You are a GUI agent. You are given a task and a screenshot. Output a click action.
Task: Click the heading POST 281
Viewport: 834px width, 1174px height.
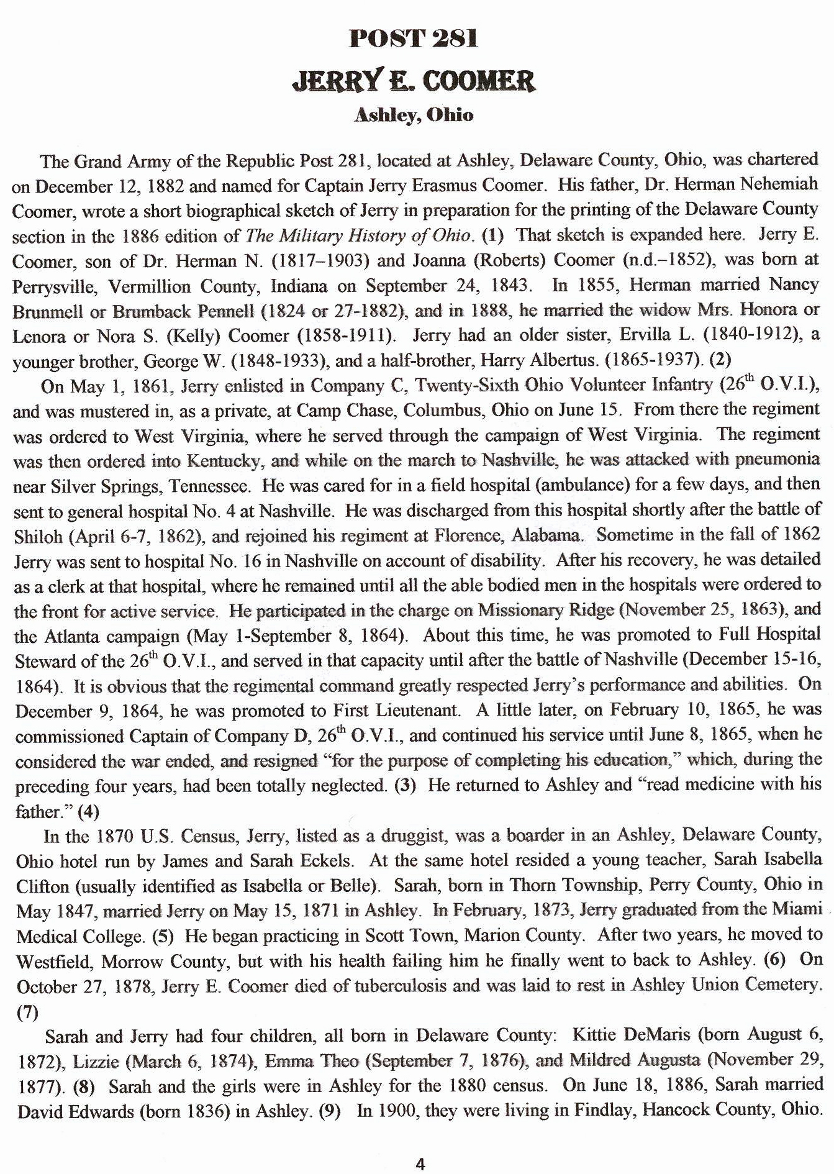tap(414, 39)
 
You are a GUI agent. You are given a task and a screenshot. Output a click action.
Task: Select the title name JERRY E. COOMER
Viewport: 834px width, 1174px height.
tap(414, 81)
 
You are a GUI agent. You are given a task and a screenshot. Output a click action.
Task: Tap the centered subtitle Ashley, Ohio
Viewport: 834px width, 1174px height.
tap(414, 116)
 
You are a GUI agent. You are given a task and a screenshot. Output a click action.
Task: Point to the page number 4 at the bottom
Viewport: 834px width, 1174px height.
tap(420, 1165)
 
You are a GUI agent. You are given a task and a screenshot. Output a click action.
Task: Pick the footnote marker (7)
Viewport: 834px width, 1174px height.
tap(27, 1012)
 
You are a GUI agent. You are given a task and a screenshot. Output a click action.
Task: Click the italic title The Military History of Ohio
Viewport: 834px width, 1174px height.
tap(358, 235)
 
